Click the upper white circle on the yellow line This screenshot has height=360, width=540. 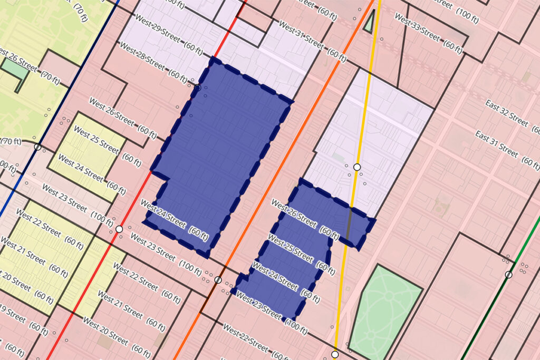(x=357, y=167)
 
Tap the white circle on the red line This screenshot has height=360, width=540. (x=119, y=229)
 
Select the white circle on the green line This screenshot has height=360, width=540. (x=508, y=275)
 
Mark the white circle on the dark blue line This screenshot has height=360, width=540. (x=37, y=147)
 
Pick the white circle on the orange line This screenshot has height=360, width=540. (x=218, y=280)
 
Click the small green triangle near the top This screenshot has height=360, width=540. (x=371, y=22)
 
